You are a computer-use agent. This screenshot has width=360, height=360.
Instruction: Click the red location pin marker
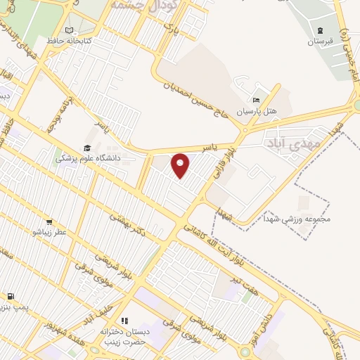coord(181,165)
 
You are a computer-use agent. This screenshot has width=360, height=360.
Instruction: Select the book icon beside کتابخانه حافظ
coord(69,30)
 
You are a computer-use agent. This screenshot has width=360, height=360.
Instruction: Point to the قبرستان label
coord(321,41)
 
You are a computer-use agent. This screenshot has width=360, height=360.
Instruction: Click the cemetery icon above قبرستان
coord(321,30)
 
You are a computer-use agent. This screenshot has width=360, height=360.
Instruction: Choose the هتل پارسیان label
coord(257,111)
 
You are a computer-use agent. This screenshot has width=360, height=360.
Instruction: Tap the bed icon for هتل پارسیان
coord(257,100)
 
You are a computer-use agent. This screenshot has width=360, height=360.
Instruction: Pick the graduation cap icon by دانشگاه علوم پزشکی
coord(87,148)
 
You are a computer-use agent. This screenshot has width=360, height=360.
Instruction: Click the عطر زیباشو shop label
coord(49,231)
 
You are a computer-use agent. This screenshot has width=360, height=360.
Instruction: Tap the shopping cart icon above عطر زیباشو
coord(49,220)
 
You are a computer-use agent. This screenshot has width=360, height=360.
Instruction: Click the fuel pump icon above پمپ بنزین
coord(11,297)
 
